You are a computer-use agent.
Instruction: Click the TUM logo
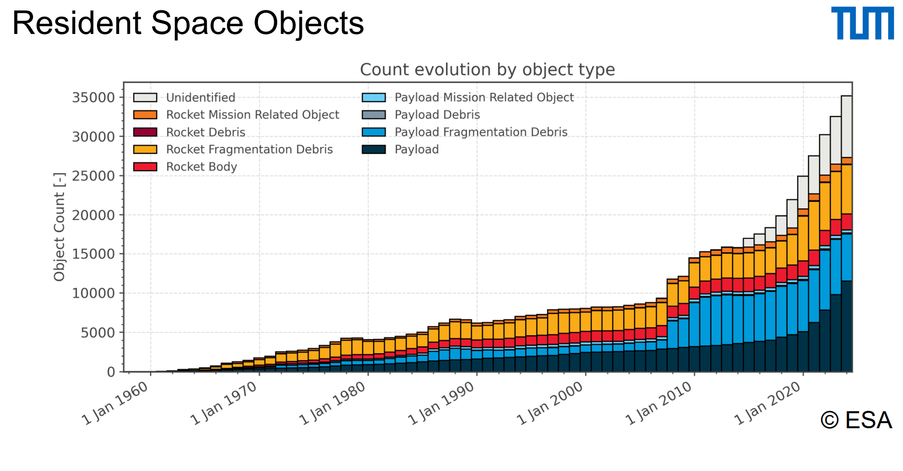862,23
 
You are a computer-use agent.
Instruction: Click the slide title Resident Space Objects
188,23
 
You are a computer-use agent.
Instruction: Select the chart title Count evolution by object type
487,70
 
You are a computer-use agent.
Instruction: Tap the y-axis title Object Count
60,227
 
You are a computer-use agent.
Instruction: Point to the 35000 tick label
93,97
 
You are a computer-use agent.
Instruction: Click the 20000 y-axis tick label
93,215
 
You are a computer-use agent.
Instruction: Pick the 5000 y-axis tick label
97,333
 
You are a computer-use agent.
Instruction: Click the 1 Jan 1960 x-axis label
115,403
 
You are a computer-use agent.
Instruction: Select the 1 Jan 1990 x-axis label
441,403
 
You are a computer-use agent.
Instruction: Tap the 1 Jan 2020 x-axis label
768,403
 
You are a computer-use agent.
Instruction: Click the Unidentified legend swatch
145,97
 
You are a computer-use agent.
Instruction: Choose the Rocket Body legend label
201,167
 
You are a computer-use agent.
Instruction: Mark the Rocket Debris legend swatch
145,132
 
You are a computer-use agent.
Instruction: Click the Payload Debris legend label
437,115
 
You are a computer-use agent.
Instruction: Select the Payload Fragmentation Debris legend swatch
374,132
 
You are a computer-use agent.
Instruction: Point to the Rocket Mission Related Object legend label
253,115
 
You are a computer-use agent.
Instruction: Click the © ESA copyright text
856,420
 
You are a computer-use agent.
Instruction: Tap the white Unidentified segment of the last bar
846,126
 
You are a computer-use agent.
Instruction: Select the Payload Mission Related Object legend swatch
374,97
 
